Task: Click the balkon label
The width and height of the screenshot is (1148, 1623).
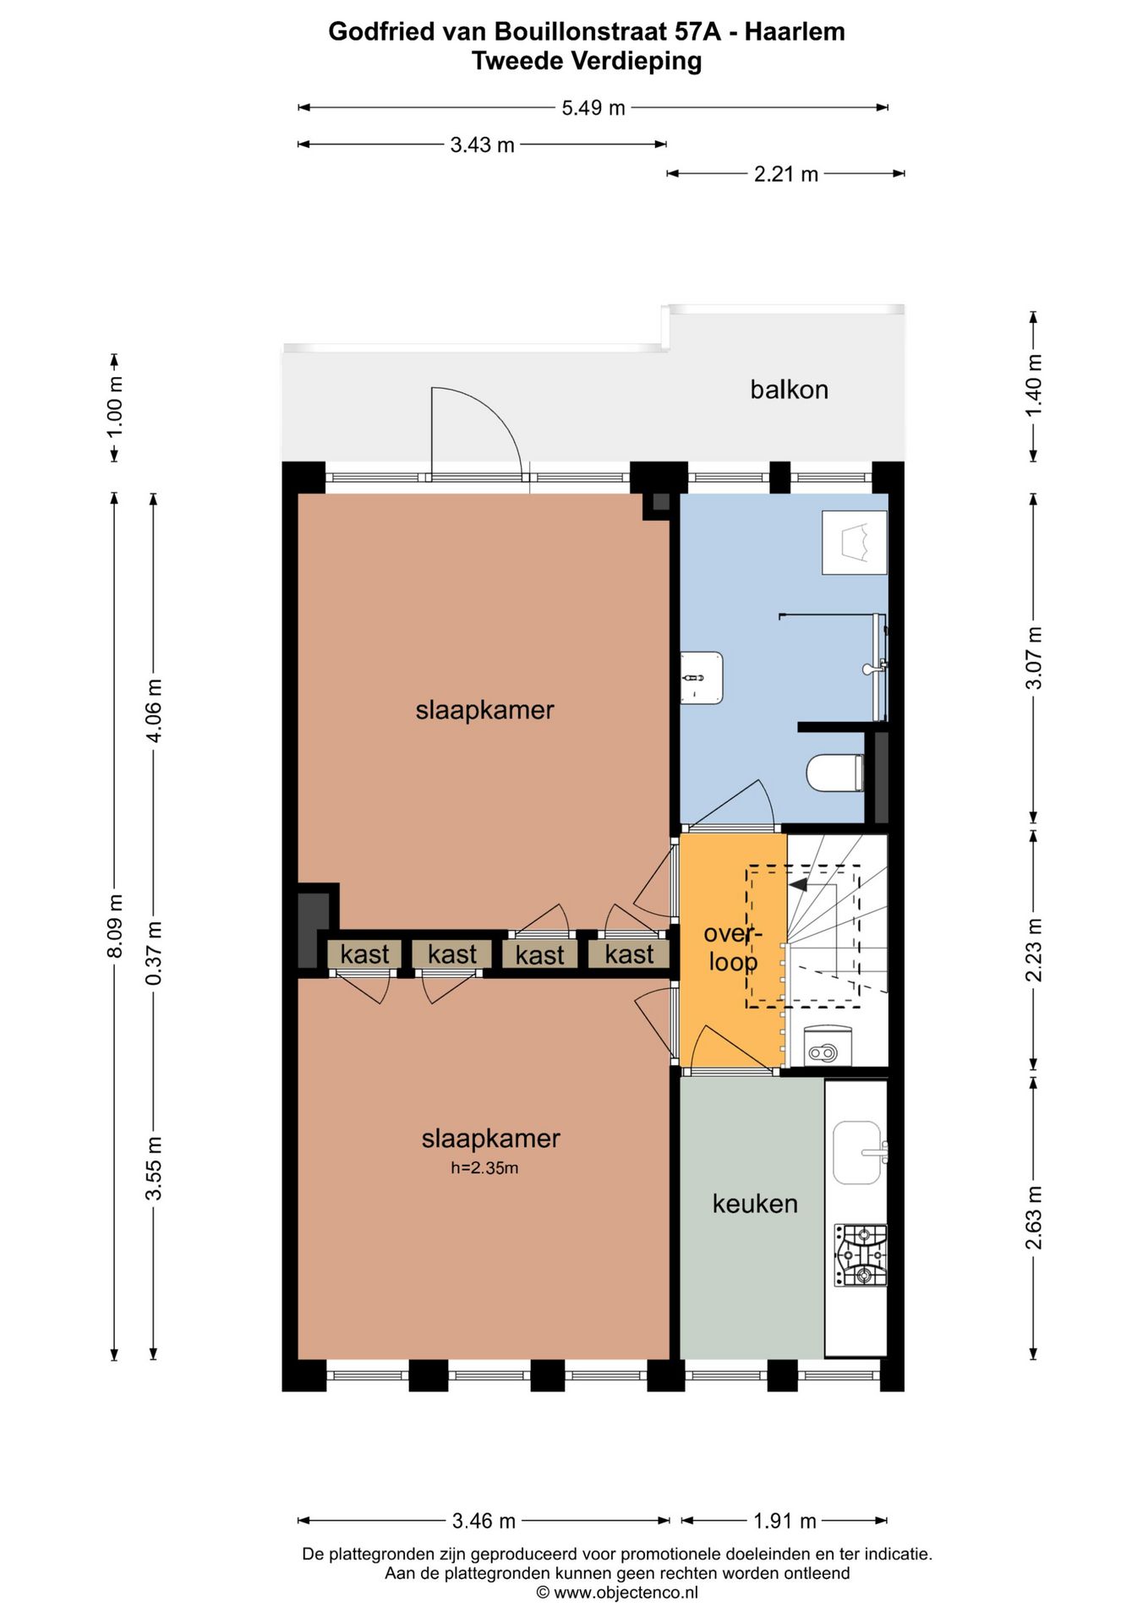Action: click(x=789, y=390)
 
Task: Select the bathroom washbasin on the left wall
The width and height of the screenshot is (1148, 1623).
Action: click(x=702, y=677)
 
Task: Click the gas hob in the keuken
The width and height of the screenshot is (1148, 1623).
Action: click(x=861, y=1255)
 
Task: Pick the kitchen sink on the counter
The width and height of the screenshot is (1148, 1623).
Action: click(x=857, y=1152)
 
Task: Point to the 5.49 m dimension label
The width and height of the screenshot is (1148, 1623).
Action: click(x=593, y=108)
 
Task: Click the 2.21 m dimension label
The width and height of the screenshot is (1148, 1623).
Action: click(x=785, y=174)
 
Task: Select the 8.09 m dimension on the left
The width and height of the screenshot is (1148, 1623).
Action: click(x=116, y=926)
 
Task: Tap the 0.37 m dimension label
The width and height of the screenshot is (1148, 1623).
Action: click(x=154, y=953)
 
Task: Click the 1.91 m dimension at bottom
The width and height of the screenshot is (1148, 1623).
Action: click(x=784, y=1521)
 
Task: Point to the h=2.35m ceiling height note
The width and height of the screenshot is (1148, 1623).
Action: click(x=484, y=1168)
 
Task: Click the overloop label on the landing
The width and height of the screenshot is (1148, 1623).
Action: click(x=732, y=948)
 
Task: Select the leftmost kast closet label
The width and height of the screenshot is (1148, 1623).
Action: click(x=364, y=954)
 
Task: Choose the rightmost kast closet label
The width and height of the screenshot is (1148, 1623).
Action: click(x=629, y=954)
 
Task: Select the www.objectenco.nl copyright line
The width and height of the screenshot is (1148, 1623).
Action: click(x=617, y=1593)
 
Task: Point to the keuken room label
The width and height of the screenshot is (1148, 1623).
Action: click(x=754, y=1203)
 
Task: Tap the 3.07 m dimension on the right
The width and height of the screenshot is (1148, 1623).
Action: click(x=1034, y=658)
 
